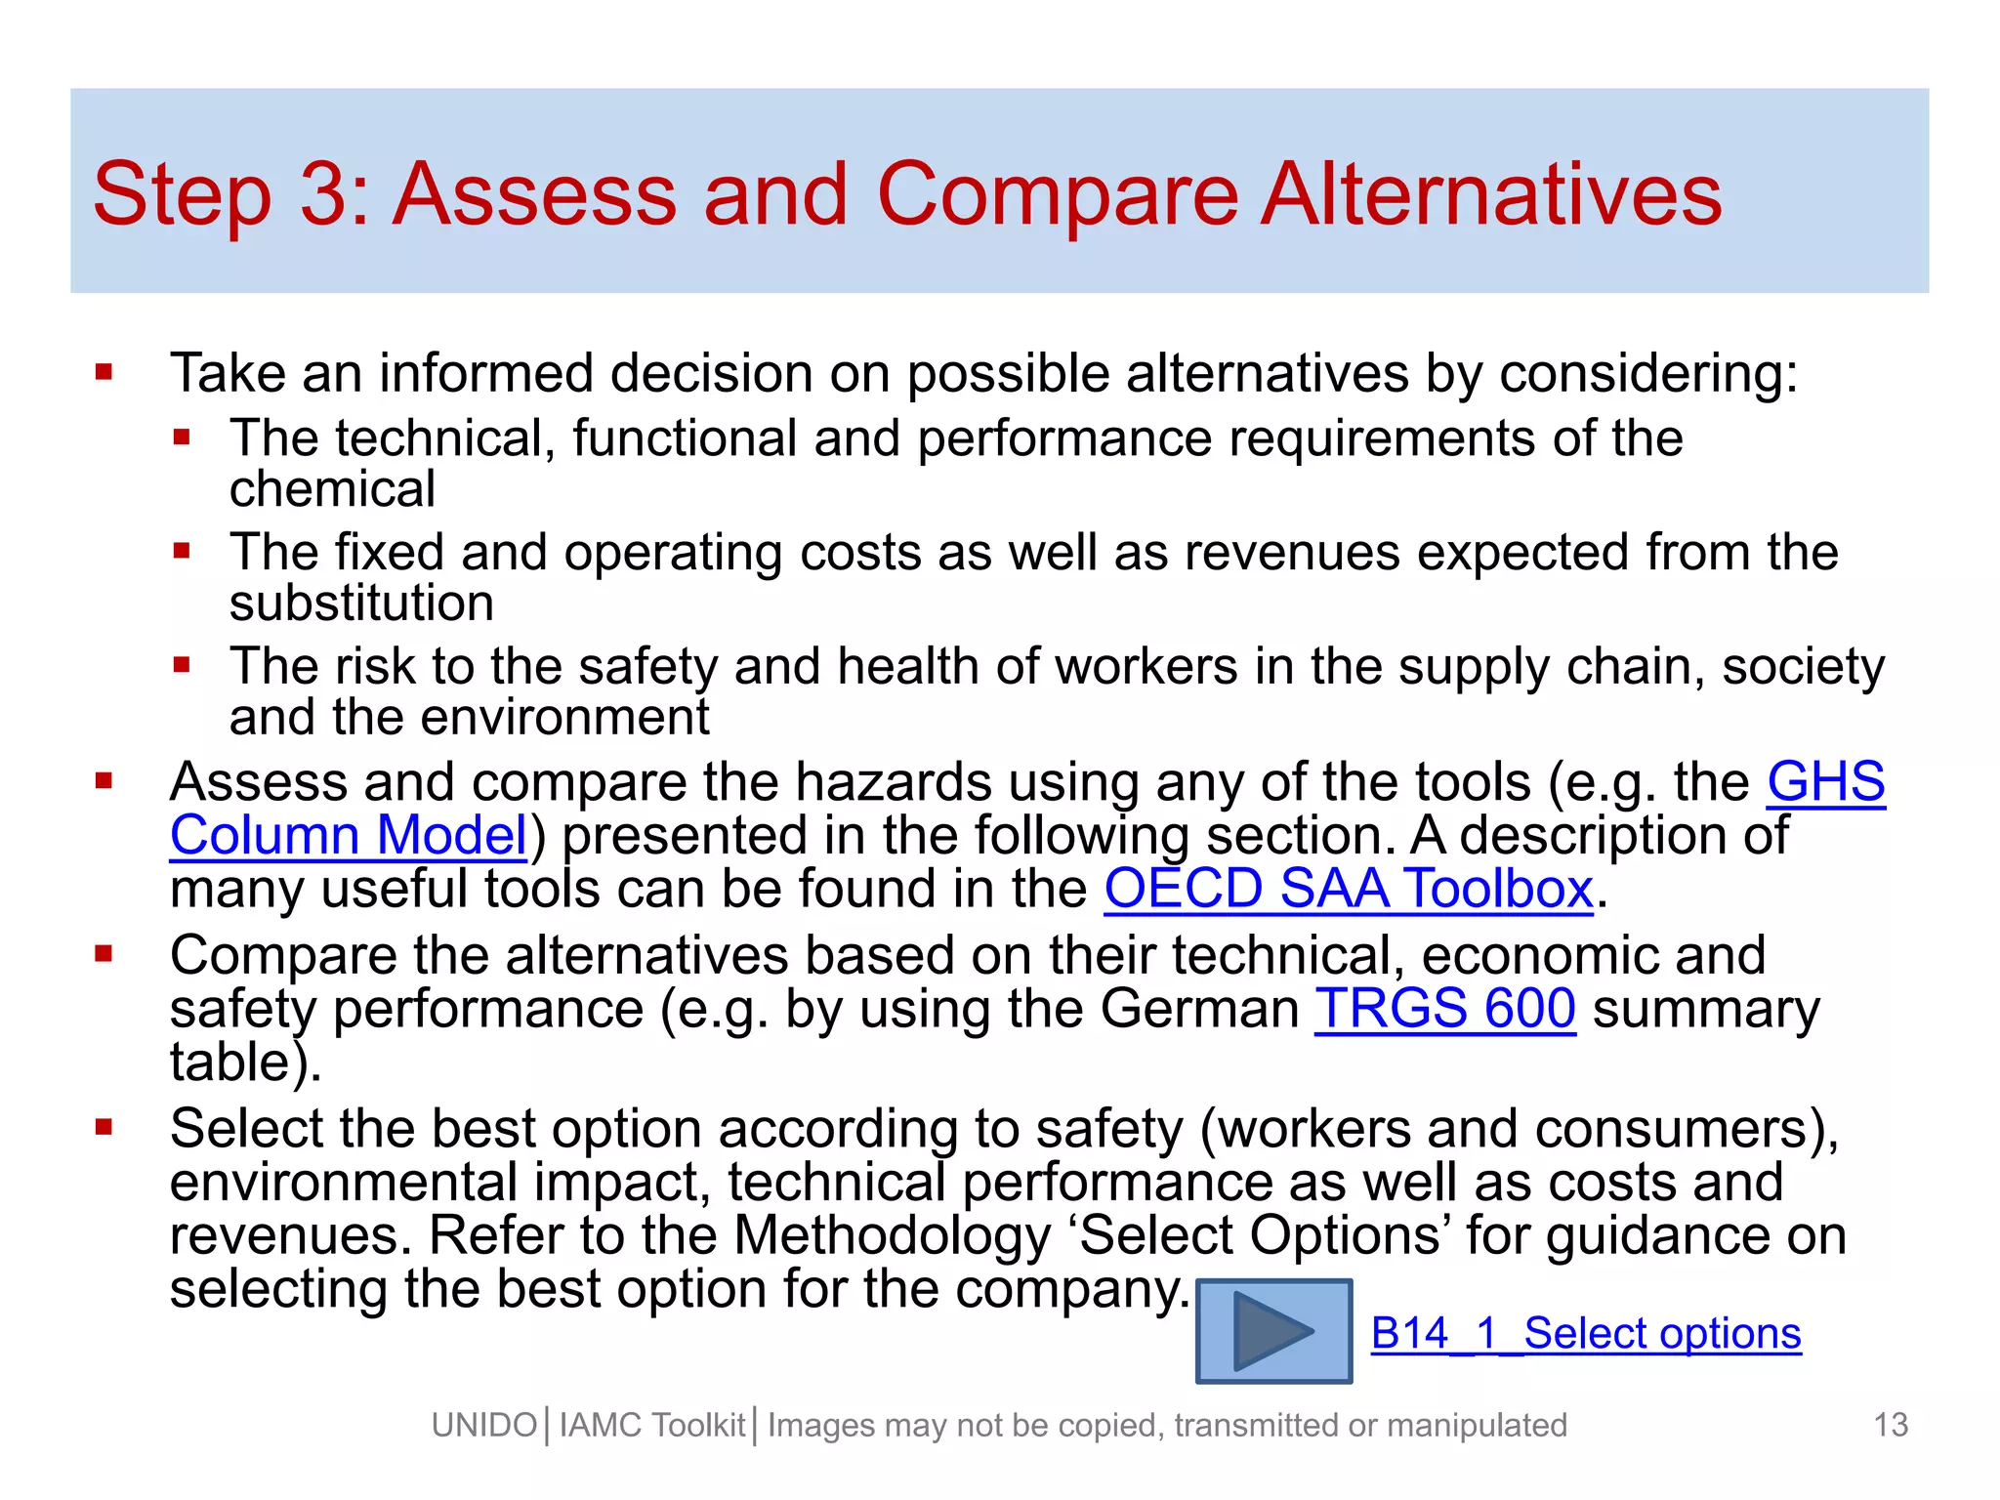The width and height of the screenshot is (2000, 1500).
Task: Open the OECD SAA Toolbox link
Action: pyautogui.click(x=1348, y=889)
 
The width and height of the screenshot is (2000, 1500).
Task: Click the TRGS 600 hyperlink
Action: pyautogui.click(x=1444, y=1008)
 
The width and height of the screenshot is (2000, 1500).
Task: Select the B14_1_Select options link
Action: pyautogui.click(x=1585, y=1333)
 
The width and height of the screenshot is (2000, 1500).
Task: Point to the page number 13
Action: pyautogui.click(x=1891, y=1425)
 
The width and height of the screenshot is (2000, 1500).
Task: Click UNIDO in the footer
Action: pyautogui.click(x=484, y=1426)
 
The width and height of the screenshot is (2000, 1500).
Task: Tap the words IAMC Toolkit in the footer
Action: pyautogui.click(x=652, y=1426)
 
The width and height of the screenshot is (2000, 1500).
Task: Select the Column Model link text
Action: pyautogui.click(x=349, y=836)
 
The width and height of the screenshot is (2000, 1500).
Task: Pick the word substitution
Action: pyautogui.click(x=361, y=603)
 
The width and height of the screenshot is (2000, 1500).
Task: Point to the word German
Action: pyautogui.click(x=1199, y=1008)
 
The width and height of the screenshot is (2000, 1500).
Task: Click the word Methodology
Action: pyautogui.click(x=892, y=1235)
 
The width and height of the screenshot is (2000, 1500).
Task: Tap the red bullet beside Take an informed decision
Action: pyautogui.click(x=104, y=372)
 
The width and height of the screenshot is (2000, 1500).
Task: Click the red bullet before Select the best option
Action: pyautogui.click(x=104, y=1128)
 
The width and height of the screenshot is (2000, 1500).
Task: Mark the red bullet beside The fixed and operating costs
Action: pyautogui.click(x=182, y=552)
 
